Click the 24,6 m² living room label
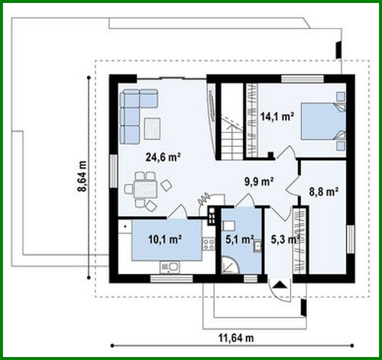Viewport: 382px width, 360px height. click(x=163, y=157)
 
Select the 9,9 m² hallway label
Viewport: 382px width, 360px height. click(x=259, y=181)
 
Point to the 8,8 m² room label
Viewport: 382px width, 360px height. click(x=324, y=191)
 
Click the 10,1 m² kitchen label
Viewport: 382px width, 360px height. click(x=165, y=240)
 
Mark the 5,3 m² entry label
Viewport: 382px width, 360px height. click(x=284, y=240)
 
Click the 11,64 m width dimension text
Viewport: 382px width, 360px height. click(x=236, y=337)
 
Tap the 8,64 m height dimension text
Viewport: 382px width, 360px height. click(x=82, y=176)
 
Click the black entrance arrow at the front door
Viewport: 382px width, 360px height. click(x=279, y=284)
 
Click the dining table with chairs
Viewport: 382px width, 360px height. click(x=145, y=189)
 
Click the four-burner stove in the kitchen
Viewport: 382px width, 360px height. click(x=209, y=244)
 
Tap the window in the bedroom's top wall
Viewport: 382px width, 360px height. click(x=302, y=79)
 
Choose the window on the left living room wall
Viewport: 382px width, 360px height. click(x=114, y=171)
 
